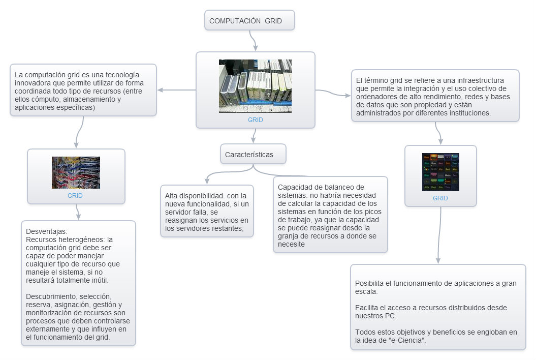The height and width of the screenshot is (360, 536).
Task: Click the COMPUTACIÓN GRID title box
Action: pos(249,21)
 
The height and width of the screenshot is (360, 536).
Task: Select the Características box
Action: pos(253,155)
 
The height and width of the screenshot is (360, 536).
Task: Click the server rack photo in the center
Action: pos(255,85)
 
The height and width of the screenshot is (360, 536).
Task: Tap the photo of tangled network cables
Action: pos(76,173)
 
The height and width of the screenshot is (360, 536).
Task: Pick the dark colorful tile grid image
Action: pos(440,172)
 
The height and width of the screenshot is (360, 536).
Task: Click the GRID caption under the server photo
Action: pos(255,120)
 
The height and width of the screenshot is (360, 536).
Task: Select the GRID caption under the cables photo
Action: pos(75,195)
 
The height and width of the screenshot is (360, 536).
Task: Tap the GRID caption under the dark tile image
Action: pos(440,198)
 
